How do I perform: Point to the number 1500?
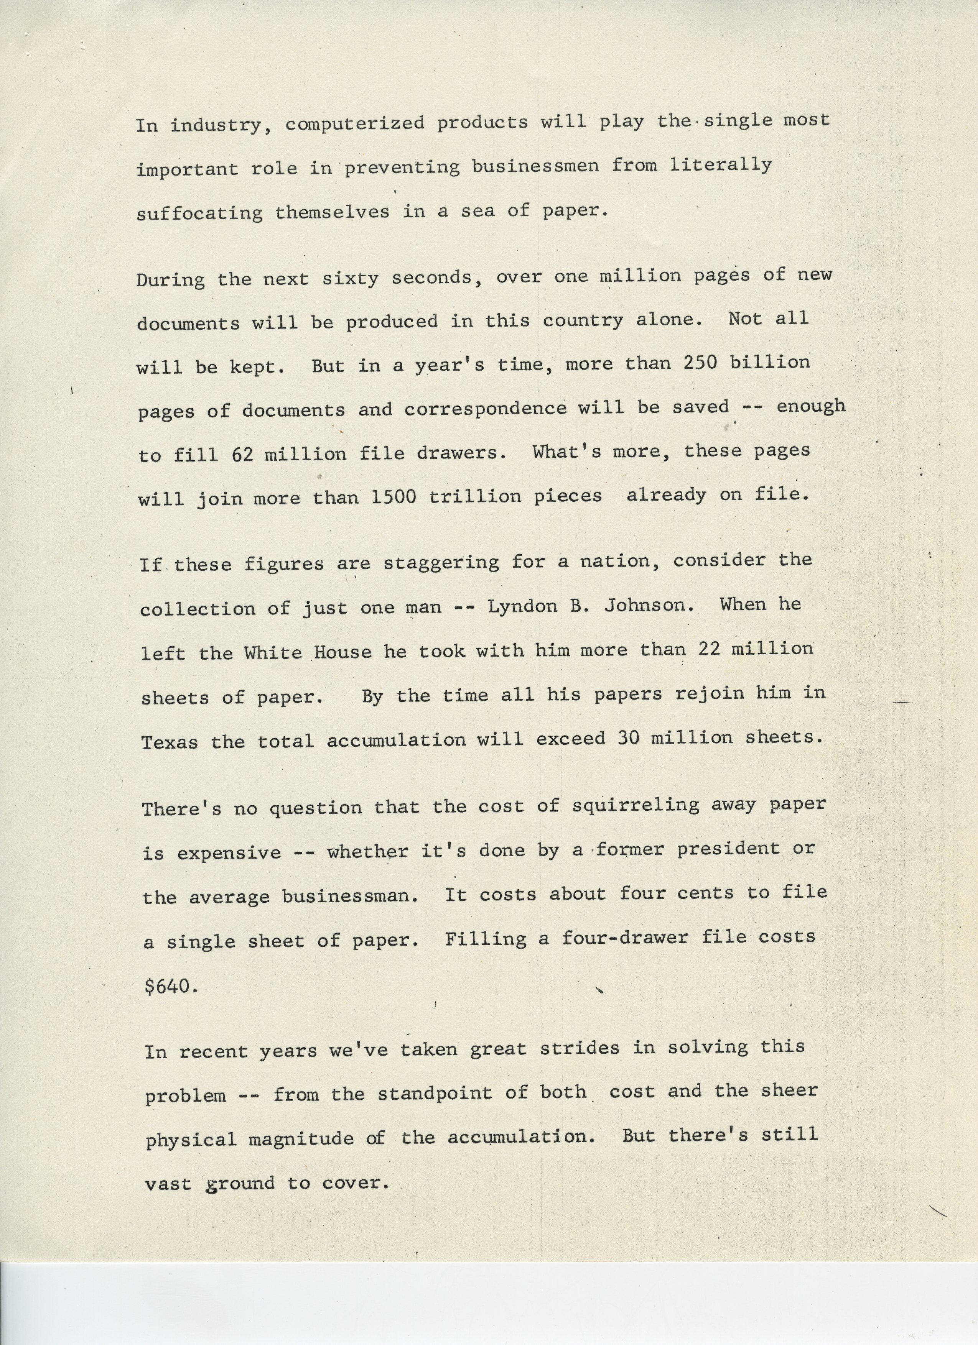click(394, 496)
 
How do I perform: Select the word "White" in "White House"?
click(272, 653)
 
